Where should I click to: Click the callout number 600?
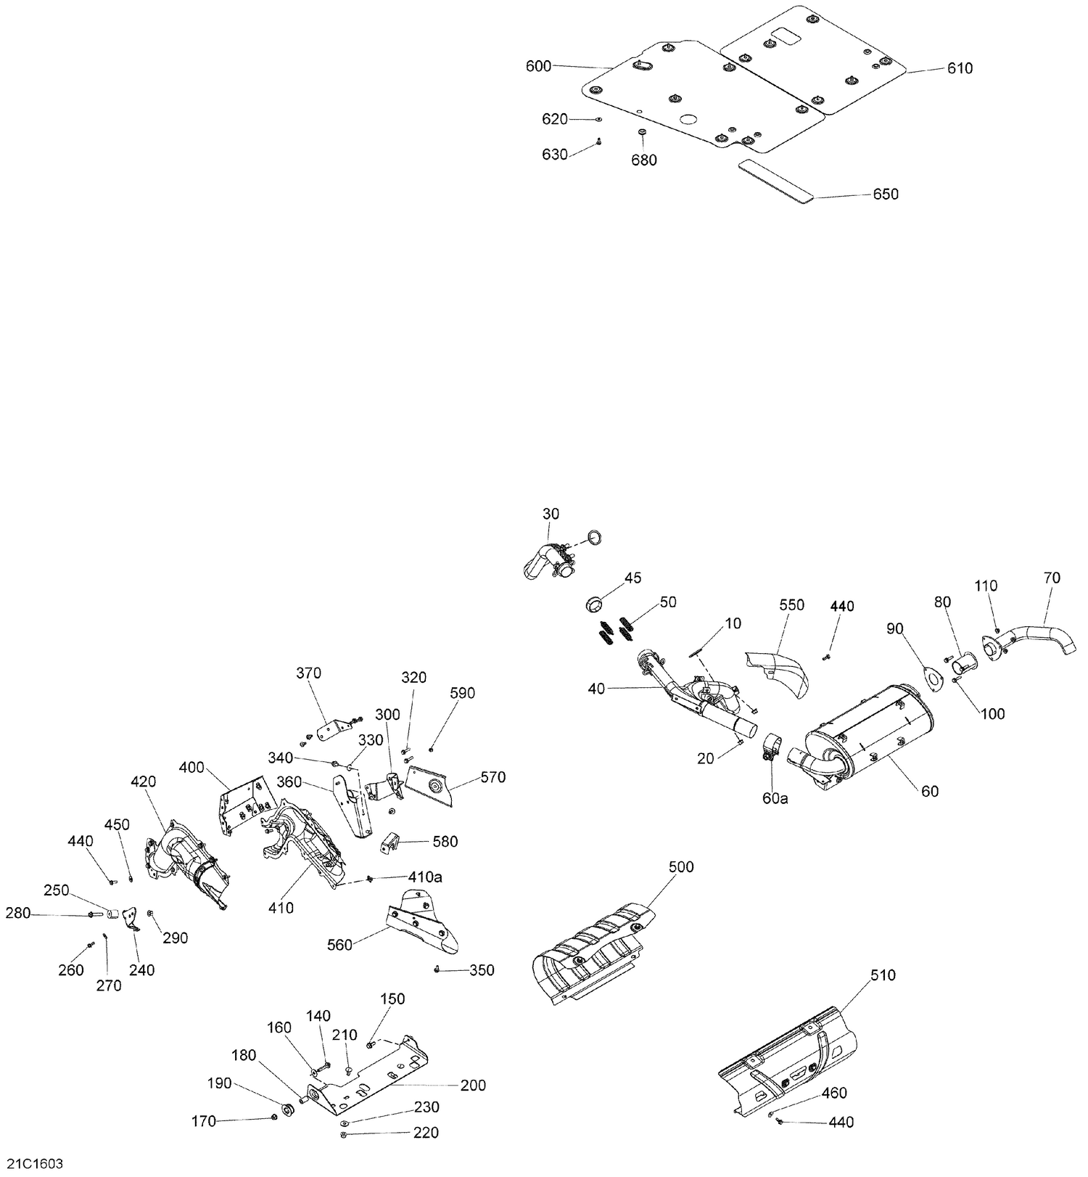[x=538, y=67]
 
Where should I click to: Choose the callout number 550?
[x=791, y=604]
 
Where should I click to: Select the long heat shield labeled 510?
[x=787, y=1062]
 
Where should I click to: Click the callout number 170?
[x=203, y=1121]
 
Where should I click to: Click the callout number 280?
[x=18, y=913]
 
